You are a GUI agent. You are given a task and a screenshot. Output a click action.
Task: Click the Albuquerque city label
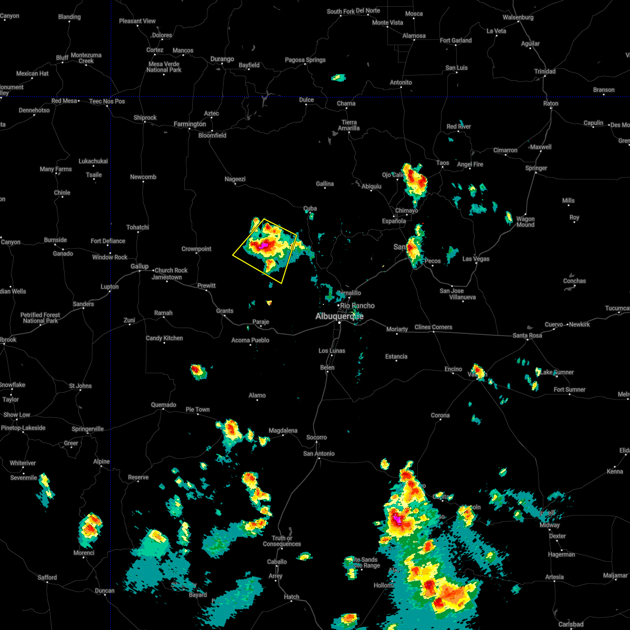point(339,316)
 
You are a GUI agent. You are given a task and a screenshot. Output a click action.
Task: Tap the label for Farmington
point(190,124)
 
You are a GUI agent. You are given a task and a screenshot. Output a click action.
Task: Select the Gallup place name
point(139,266)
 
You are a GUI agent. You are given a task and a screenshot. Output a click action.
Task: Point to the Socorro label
point(317,437)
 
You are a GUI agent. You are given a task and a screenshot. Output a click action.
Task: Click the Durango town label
point(222,59)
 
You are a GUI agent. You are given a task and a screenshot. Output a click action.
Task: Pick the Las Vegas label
point(476,259)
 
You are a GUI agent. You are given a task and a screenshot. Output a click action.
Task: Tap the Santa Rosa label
point(527,335)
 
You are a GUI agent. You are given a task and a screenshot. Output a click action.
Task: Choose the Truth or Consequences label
point(282,541)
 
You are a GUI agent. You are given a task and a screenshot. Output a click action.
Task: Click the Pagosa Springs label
point(305,60)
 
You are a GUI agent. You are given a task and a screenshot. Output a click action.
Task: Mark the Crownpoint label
point(196,249)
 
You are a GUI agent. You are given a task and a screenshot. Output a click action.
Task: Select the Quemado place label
point(163,405)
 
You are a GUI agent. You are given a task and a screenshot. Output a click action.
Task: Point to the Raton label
point(551,103)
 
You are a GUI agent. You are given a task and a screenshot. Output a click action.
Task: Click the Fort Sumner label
point(570,390)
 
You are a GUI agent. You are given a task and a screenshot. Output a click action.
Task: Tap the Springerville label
point(88,429)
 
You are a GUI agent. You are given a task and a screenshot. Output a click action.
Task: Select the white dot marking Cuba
point(309,214)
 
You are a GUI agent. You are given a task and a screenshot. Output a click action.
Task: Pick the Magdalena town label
point(283,430)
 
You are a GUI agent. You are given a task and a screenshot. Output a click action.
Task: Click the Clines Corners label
point(433,327)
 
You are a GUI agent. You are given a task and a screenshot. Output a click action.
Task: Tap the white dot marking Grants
point(224,316)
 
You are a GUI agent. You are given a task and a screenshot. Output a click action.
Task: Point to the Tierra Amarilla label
point(349,125)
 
